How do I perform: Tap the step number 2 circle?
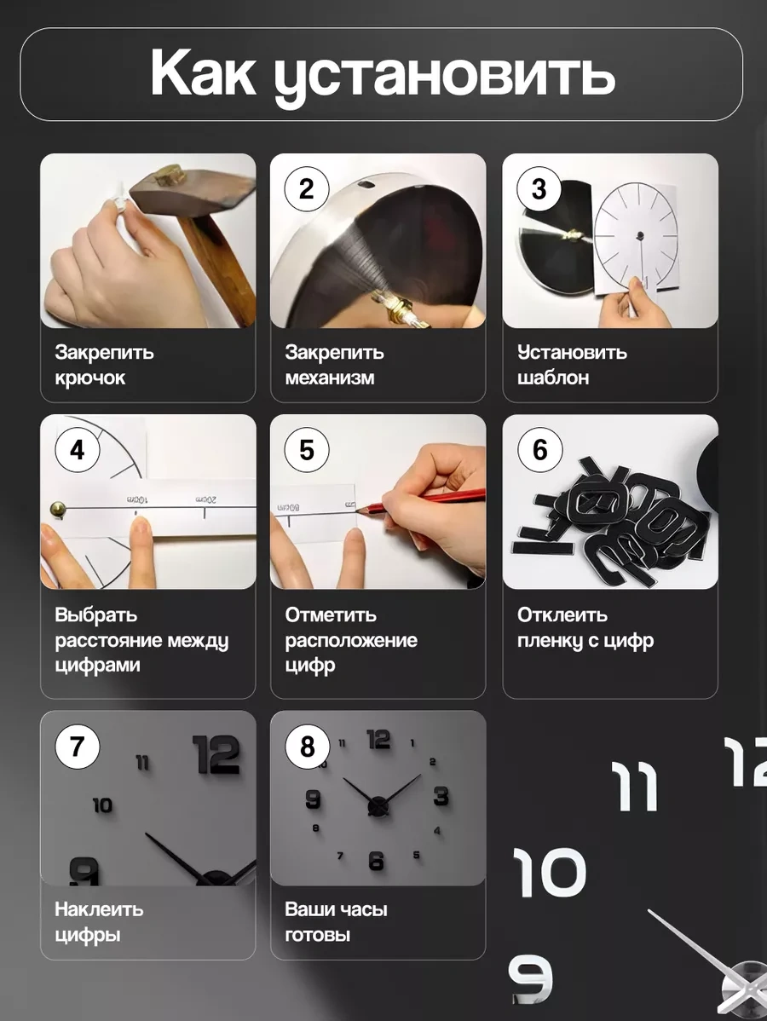click(307, 189)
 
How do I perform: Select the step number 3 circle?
click(539, 189)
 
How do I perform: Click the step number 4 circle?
click(78, 450)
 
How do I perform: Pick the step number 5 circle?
click(307, 450)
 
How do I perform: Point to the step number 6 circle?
click(539, 450)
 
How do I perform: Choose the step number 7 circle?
click(78, 747)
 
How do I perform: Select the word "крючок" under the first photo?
click(89, 378)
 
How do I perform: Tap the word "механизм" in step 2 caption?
click(330, 378)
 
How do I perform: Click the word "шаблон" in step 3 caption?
click(553, 378)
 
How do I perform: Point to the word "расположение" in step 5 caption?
click(351, 640)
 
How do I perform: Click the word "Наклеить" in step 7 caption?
click(99, 909)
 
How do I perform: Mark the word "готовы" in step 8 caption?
click(318, 934)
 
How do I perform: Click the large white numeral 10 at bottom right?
click(549, 873)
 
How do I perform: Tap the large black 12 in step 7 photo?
click(216, 755)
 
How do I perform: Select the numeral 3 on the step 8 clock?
click(441, 796)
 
